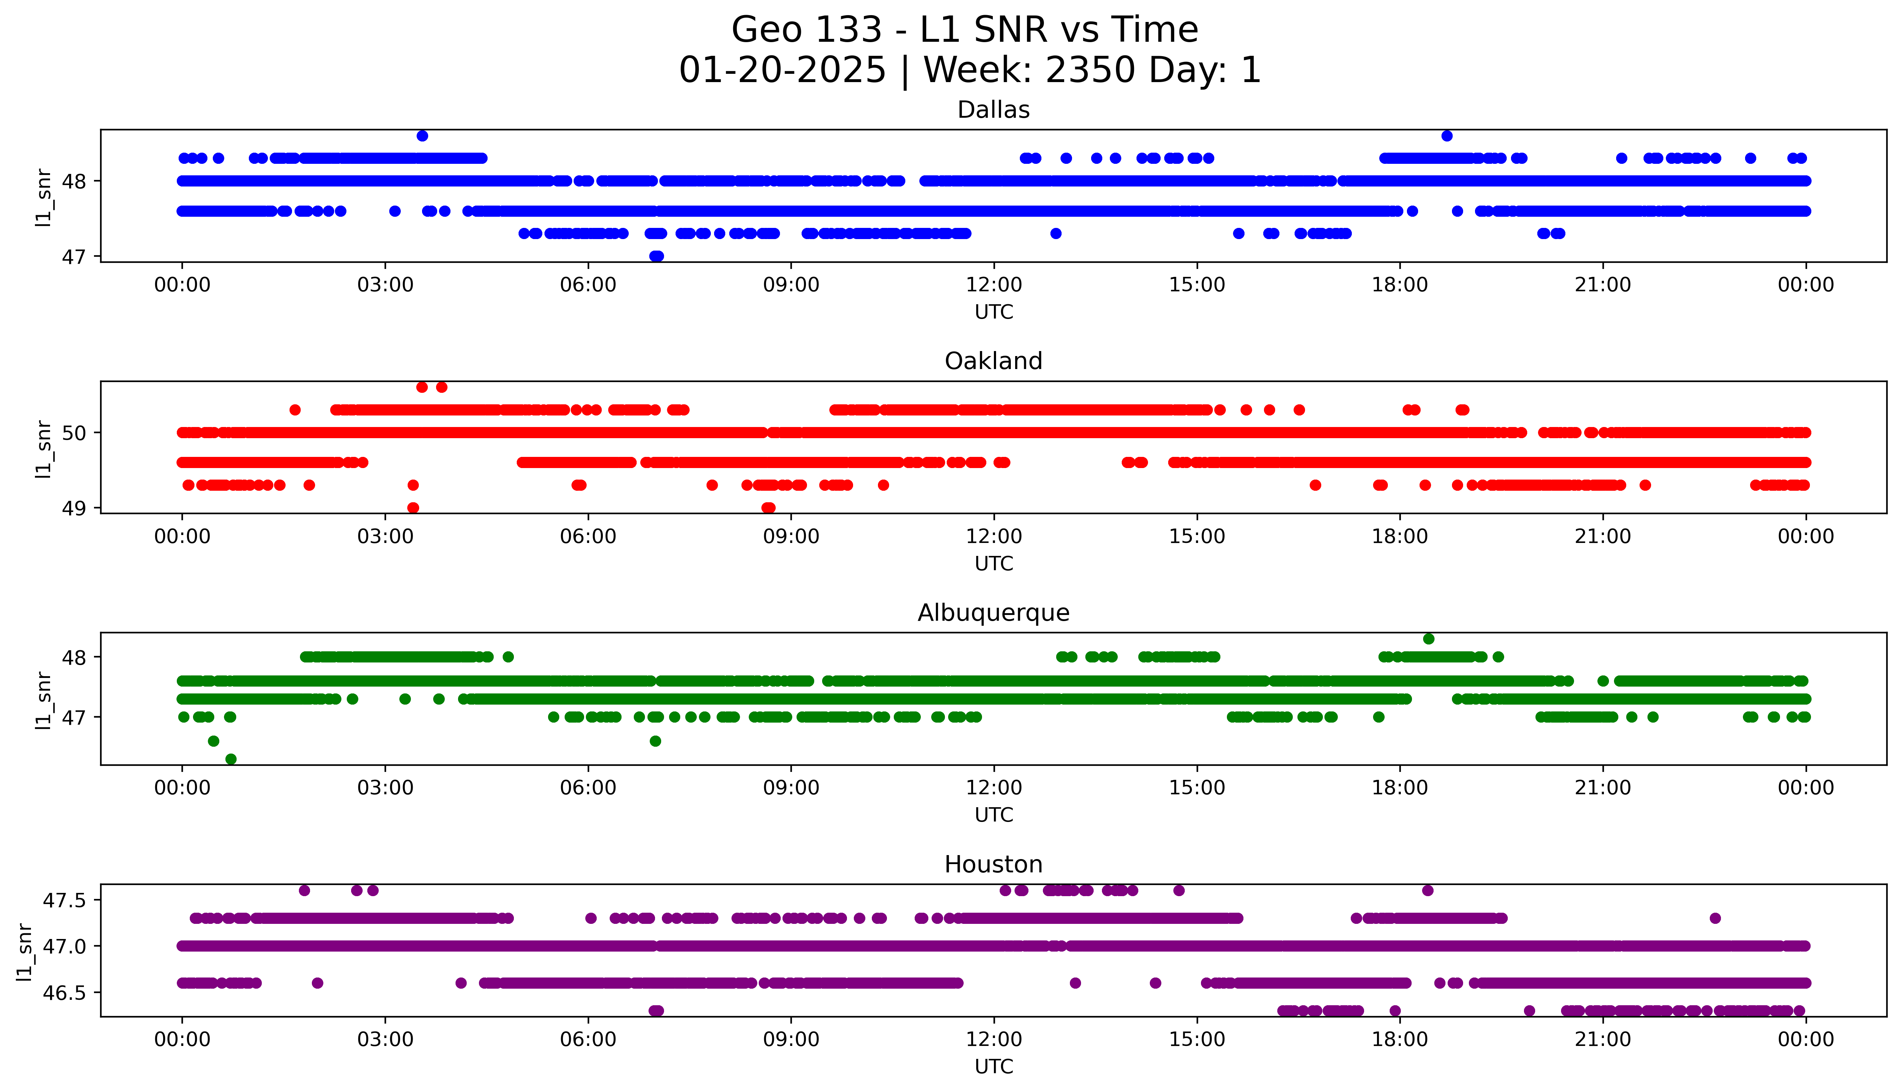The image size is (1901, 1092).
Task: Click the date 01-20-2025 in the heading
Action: tap(782, 71)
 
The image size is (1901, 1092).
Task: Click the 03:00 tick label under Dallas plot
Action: tap(385, 285)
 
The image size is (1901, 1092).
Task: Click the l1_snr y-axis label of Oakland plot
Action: tap(44, 449)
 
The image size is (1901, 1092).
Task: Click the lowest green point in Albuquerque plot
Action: tap(231, 759)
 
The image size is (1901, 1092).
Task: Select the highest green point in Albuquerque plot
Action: tap(1429, 639)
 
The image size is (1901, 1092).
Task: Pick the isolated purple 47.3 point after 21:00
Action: tap(1714, 918)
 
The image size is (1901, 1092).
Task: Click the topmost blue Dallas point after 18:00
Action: tap(1447, 136)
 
